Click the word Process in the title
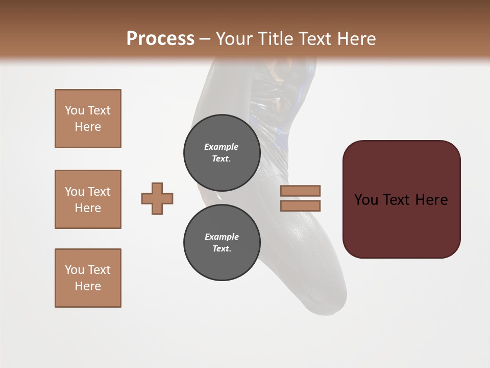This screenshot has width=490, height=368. [x=160, y=38]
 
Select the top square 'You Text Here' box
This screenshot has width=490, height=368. [x=88, y=119]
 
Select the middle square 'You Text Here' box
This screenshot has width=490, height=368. [x=88, y=199]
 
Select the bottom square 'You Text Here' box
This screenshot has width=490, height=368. [x=88, y=278]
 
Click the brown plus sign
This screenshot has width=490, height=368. [x=157, y=198]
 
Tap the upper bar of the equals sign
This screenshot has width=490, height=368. [x=300, y=191]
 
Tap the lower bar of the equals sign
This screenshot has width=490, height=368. [x=300, y=206]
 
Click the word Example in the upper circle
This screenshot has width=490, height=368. [x=222, y=147]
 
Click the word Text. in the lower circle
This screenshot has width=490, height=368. [x=222, y=248]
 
